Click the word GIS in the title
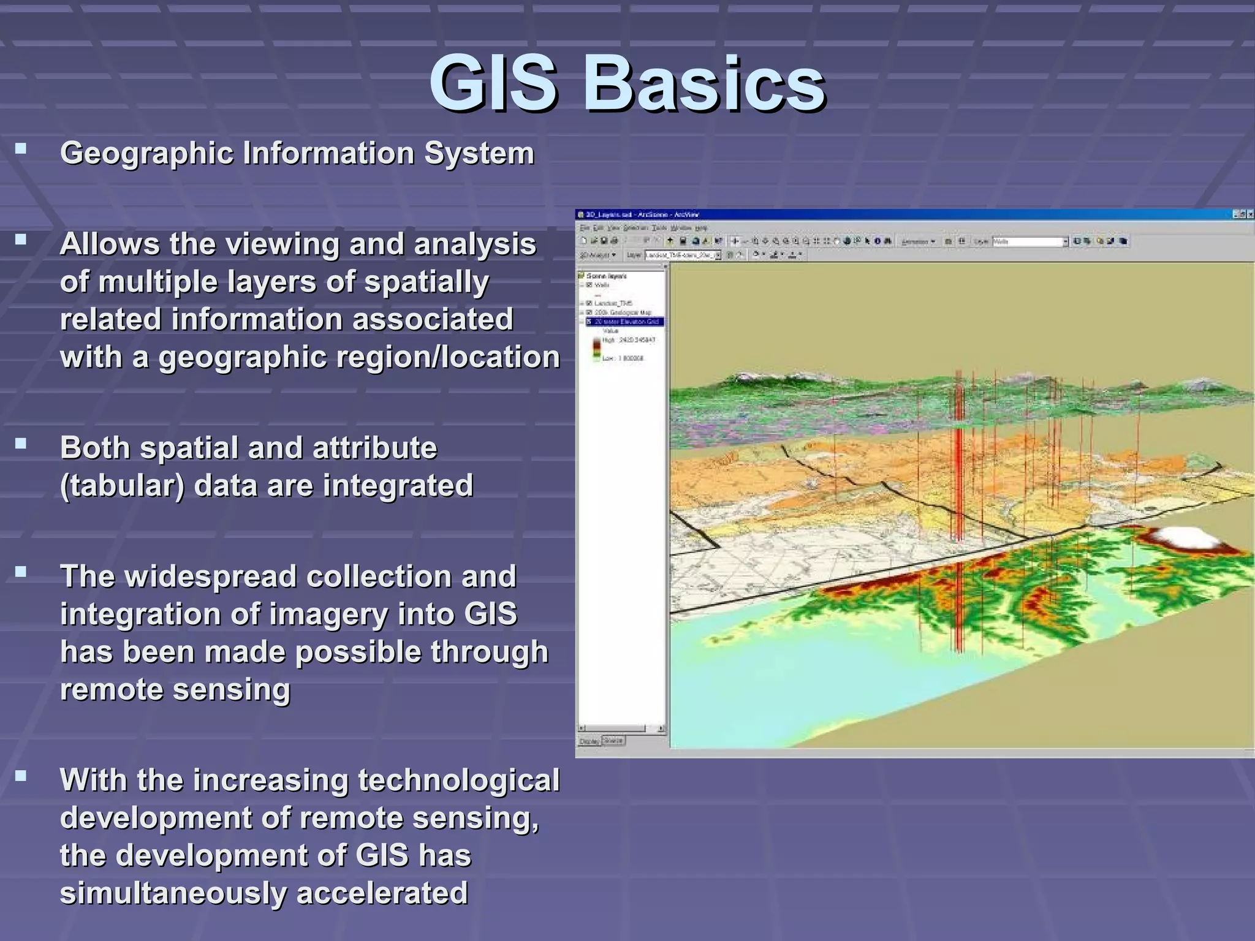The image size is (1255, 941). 493,84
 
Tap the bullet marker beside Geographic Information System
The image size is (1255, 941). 21,148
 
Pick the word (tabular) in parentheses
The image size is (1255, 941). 122,486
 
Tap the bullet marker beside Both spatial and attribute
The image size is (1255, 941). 21,444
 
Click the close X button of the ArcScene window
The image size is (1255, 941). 1250,214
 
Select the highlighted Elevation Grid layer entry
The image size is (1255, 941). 626,322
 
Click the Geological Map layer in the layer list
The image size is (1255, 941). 622,312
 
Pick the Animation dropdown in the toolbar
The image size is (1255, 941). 917,241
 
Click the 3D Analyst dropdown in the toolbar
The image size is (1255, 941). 597,255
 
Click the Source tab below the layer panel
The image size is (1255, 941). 613,741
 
